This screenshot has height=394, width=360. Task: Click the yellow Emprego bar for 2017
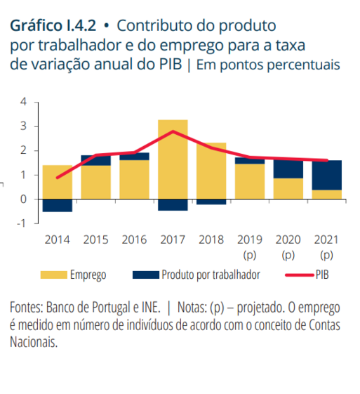coord(173,159)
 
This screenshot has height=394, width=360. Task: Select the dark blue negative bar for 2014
coord(58,206)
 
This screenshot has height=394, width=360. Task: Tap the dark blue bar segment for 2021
coord(326,175)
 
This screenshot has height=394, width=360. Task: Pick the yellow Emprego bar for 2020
coord(288,188)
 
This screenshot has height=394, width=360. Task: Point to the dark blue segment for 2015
coord(96,161)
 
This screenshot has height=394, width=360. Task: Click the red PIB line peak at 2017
coord(173,131)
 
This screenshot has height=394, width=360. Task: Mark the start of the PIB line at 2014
coord(58,178)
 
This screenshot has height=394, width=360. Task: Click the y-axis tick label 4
coord(23,102)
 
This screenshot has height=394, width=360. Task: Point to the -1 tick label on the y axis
coord(22,223)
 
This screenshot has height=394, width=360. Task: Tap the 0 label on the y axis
coord(23,199)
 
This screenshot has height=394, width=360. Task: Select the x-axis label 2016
coord(134,239)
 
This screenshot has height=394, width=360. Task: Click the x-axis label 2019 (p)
coord(250,247)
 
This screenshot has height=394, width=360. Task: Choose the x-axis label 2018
coord(211,239)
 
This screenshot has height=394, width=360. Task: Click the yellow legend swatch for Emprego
coord(54,275)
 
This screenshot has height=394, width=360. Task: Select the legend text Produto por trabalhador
coord(211,275)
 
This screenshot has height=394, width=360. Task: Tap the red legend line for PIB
coord(300,275)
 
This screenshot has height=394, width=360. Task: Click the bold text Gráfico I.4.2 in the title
coord(53,25)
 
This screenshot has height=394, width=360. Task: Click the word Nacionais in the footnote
coord(34,342)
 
